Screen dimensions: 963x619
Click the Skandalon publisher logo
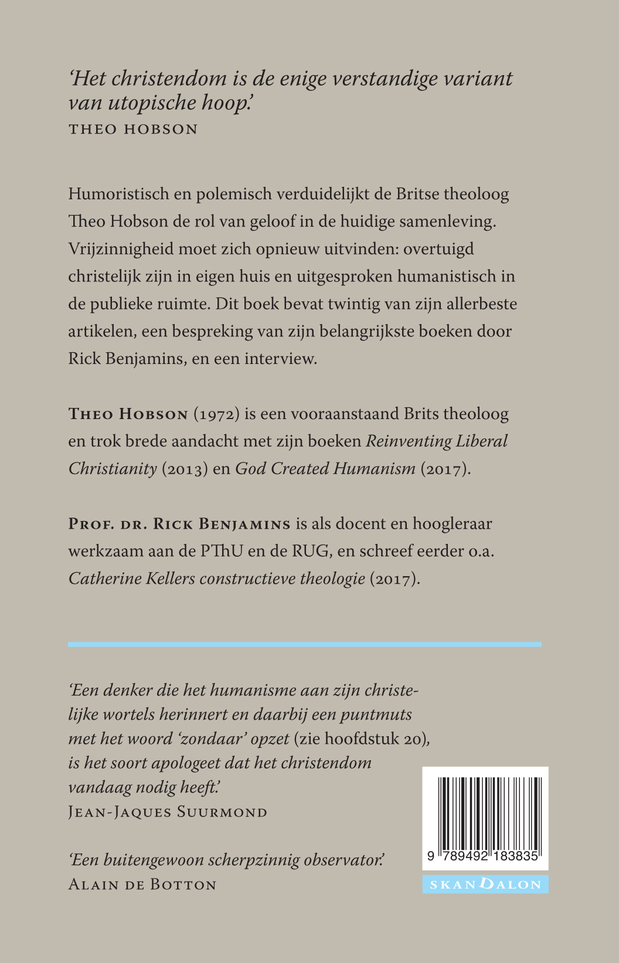point(485,884)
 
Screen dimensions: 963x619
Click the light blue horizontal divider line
point(304,644)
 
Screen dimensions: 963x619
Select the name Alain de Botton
point(142,884)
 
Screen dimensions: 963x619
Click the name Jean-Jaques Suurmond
point(168,812)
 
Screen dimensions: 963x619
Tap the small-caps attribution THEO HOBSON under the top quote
point(133,129)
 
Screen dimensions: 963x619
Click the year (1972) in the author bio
point(217,414)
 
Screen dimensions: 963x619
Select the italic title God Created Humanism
point(325,469)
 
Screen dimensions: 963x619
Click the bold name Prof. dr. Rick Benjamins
point(179,524)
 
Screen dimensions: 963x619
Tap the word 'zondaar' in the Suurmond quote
point(212,739)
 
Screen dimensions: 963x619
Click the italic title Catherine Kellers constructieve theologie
point(217,579)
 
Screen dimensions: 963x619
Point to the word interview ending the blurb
point(280,359)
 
